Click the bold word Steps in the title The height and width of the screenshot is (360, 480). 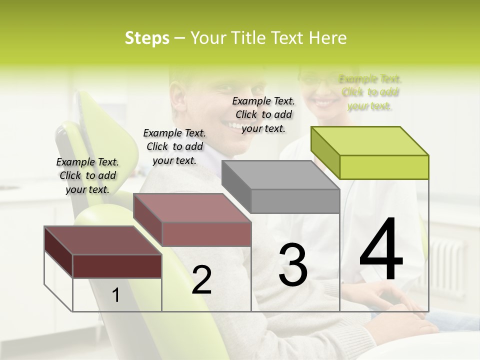pyautogui.click(x=147, y=38)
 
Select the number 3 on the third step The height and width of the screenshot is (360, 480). pyautogui.click(x=293, y=264)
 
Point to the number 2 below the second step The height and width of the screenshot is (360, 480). pyautogui.click(x=201, y=280)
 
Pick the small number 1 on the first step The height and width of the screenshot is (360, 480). pyautogui.click(x=116, y=295)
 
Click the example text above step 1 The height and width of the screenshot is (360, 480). pyautogui.click(x=87, y=176)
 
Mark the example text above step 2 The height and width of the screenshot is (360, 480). pyautogui.click(x=174, y=147)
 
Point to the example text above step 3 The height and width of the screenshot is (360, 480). pyautogui.click(x=263, y=115)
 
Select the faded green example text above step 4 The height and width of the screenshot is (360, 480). pyautogui.click(x=370, y=92)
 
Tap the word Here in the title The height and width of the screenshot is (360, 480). pyautogui.click(x=329, y=38)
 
